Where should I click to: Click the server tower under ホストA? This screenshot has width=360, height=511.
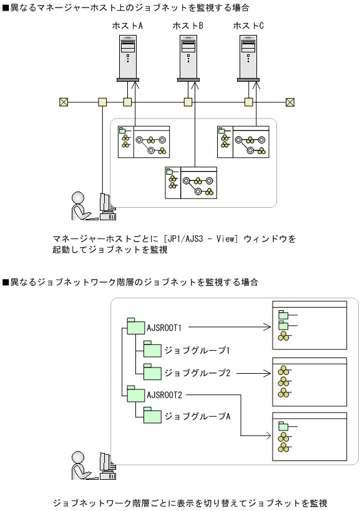[x=127, y=58]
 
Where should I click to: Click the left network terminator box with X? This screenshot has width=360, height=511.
[x=63, y=102]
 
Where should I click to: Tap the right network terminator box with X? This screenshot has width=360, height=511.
[x=289, y=102]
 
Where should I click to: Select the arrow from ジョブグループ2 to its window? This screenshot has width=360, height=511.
[x=253, y=373]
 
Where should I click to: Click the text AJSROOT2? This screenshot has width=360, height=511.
[x=165, y=394]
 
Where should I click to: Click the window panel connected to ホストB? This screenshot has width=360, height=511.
[x=190, y=183]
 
